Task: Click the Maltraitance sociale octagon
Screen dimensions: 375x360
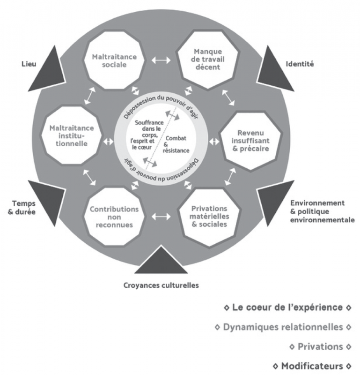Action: coord(115,61)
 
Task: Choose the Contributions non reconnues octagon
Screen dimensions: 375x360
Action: coord(114,217)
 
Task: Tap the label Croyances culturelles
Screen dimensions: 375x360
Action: coord(161,285)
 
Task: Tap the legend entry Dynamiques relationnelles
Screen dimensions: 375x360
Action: coord(283,327)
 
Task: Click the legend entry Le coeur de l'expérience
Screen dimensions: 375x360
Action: coord(288,307)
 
